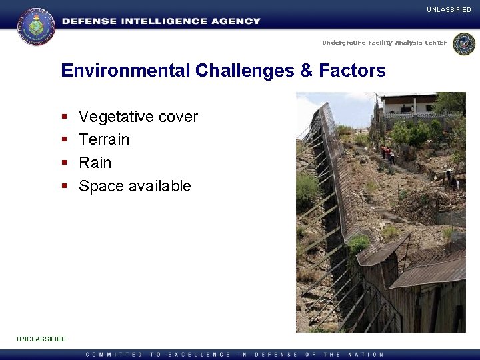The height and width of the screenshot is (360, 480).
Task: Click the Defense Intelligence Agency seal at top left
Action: tap(36, 27)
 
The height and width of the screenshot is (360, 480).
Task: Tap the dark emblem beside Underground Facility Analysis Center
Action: tap(463, 43)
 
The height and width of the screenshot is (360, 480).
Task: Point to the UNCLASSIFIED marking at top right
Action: tap(449, 10)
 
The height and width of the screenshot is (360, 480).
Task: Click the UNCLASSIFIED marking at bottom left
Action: tap(41, 339)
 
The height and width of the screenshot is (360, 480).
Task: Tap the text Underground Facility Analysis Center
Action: tap(384, 43)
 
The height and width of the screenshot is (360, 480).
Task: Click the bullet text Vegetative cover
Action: tap(138, 117)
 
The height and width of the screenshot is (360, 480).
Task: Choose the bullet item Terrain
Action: tap(104, 139)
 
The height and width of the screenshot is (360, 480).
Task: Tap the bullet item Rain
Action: tap(95, 163)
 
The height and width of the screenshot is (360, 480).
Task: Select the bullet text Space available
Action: tap(135, 186)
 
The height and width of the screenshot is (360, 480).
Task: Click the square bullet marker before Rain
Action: tap(64, 163)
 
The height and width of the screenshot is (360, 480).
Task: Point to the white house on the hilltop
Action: tap(410, 107)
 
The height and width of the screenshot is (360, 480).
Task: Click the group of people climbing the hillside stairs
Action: tap(387, 154)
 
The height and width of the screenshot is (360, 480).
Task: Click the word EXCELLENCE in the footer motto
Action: tap(199, 354)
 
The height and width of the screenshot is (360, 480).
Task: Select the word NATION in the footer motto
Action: tap(365, 354)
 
